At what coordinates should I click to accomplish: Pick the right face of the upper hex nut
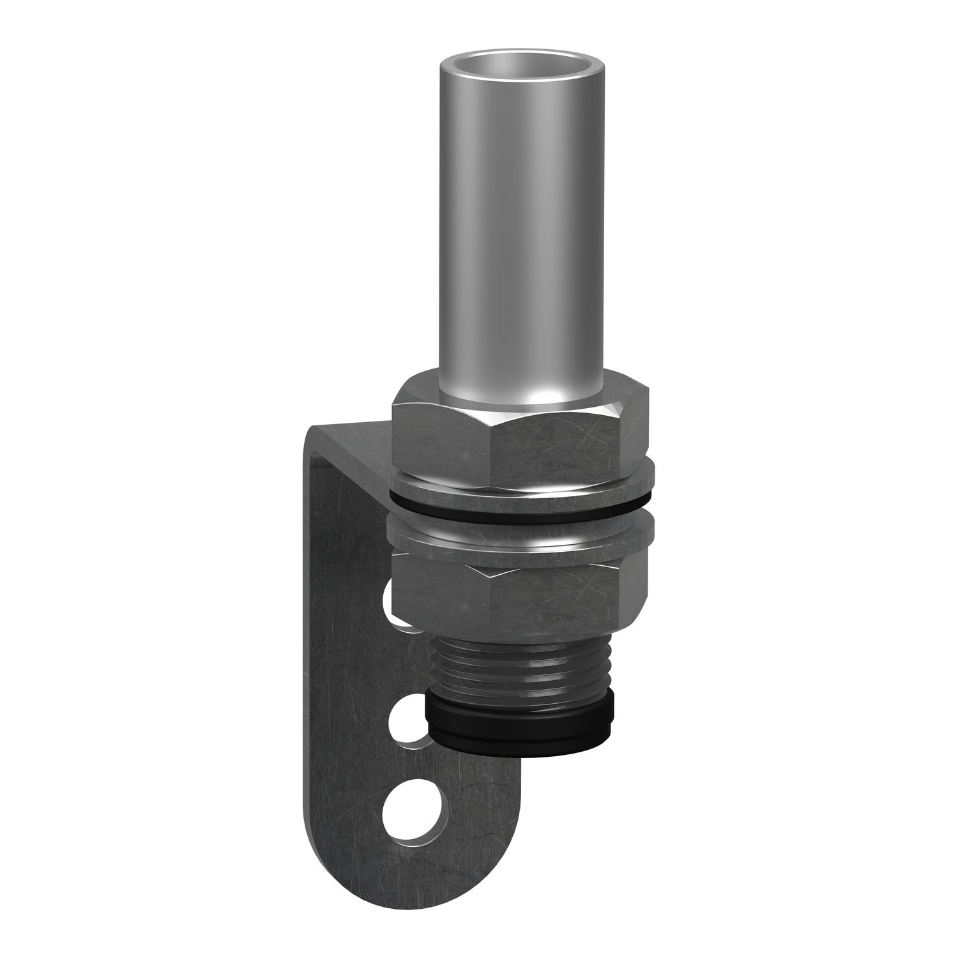(x=635, y=434)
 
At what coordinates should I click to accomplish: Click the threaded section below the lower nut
(x=511, y=664)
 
